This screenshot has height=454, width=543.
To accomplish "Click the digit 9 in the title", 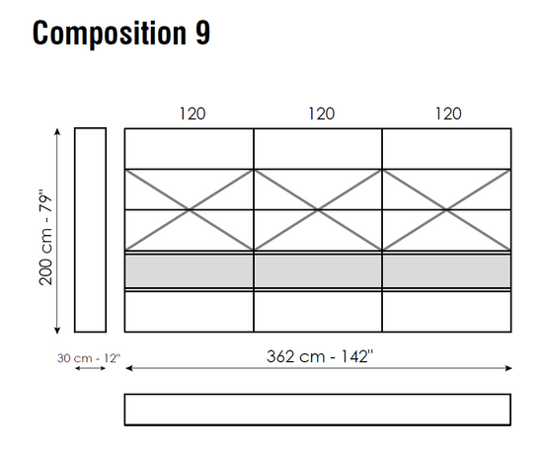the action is tap(202, 33).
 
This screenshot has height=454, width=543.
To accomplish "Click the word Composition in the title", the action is tap(110, 34).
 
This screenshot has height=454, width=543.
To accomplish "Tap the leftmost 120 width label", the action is tap(193, 113).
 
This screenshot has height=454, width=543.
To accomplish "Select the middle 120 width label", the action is tap(322, 113).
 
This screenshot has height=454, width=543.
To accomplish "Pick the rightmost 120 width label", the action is tap(448, 113).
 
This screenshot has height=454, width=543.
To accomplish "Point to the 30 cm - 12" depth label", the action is tap(89, 357).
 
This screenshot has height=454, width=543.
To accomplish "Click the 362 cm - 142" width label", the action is tap(320, 356).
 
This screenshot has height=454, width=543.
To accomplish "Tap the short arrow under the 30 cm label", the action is tap(91, 368).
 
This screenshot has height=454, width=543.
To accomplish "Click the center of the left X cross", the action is tap(190, 209).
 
